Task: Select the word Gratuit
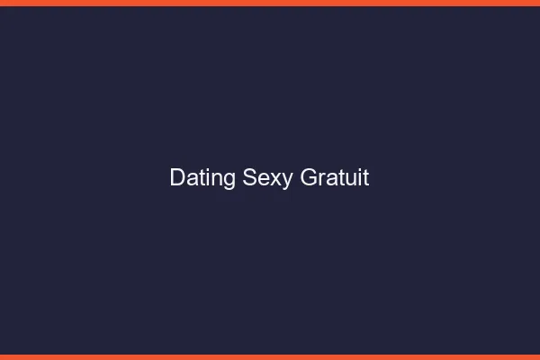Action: click(334, 178)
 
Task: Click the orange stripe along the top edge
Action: click(270, 3)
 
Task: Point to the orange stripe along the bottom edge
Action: click(270, 356)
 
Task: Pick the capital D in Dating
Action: click(176, 177)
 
